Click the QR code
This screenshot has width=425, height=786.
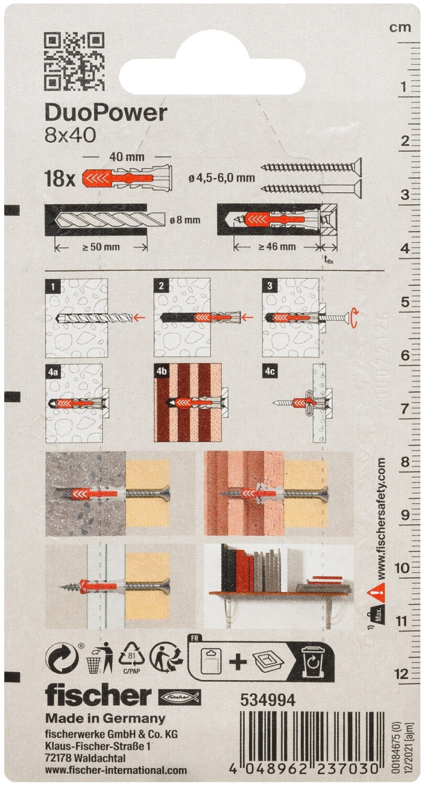pos(74,61)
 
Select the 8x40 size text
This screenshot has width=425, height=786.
pos(70,135)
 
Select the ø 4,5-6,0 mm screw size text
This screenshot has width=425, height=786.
pos(221,178)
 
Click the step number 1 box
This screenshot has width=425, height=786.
pos(53,286)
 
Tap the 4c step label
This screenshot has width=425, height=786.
pos(270,371)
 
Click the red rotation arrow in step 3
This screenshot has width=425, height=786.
pos(356,318)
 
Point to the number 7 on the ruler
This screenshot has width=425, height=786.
pos(404,409)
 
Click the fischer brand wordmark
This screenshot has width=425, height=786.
pos(98,695)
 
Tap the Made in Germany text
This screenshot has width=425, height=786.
pos(105,718)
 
